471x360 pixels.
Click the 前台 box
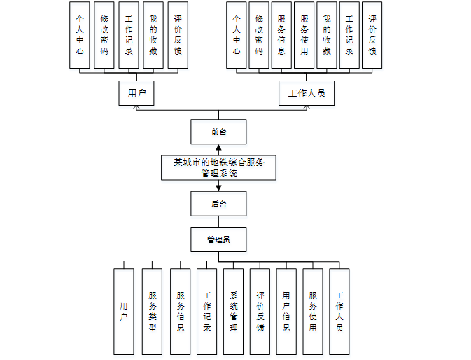[218, 131]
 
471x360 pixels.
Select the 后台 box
[218, 204]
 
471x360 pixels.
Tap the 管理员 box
[218, 240]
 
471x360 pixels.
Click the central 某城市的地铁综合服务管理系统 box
[218, 167]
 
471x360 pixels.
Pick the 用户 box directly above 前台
[136, 93]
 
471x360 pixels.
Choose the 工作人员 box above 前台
[306, 93]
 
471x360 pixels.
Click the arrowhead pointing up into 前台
[218, 147]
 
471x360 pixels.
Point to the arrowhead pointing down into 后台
[218, 188]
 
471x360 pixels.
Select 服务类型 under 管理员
[152, 311]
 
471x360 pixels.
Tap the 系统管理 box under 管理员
[233, 311]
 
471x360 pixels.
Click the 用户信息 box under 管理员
[286, 311]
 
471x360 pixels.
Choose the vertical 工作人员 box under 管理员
[339, 311]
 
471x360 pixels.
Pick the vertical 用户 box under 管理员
[123, 311]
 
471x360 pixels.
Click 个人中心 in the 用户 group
[80, 35]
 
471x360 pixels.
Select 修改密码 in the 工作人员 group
[258, 35]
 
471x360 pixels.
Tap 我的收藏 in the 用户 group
[153, 35]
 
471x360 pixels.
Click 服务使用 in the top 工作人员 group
[304, 35]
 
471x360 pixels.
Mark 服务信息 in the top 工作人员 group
[281, 35]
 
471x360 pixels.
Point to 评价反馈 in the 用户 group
[178, 35]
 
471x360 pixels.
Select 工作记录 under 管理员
[206, 311]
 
